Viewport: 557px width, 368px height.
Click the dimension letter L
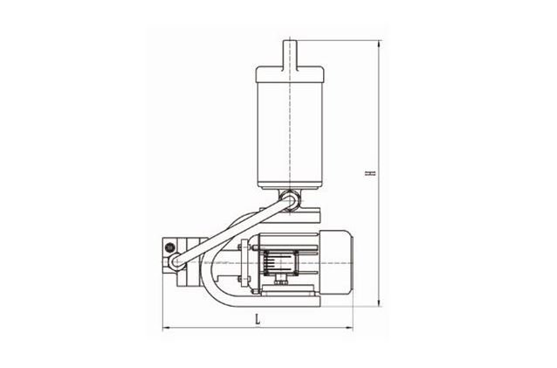tap(258, 319)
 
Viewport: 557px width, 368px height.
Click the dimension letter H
tap(372, 174)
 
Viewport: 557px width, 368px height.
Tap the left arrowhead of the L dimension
tap(165, 328)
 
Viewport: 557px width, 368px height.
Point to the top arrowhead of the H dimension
tap(380, 44)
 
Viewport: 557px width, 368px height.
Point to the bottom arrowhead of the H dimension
tap(380, 302)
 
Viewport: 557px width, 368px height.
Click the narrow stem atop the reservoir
tap(290, 53)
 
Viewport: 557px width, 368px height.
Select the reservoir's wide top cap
tap(290, 74)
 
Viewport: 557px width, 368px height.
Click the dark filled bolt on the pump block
tap(169, 246)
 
